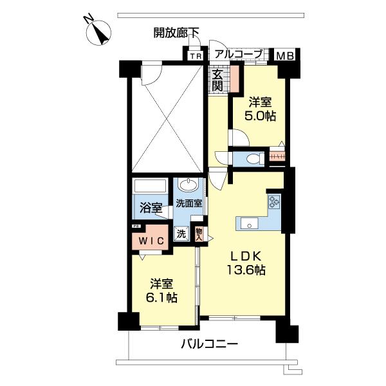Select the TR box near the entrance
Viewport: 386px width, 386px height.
coord(195,55)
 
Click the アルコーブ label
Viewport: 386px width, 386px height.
coord(238,55)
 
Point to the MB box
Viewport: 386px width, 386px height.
coord(284,56)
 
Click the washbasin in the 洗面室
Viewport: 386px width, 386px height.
coord(188,187)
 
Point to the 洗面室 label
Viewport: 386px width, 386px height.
coord(190,203)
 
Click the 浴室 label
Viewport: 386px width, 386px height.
coord(149,208)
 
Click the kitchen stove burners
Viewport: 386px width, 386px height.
coord(274,202)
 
